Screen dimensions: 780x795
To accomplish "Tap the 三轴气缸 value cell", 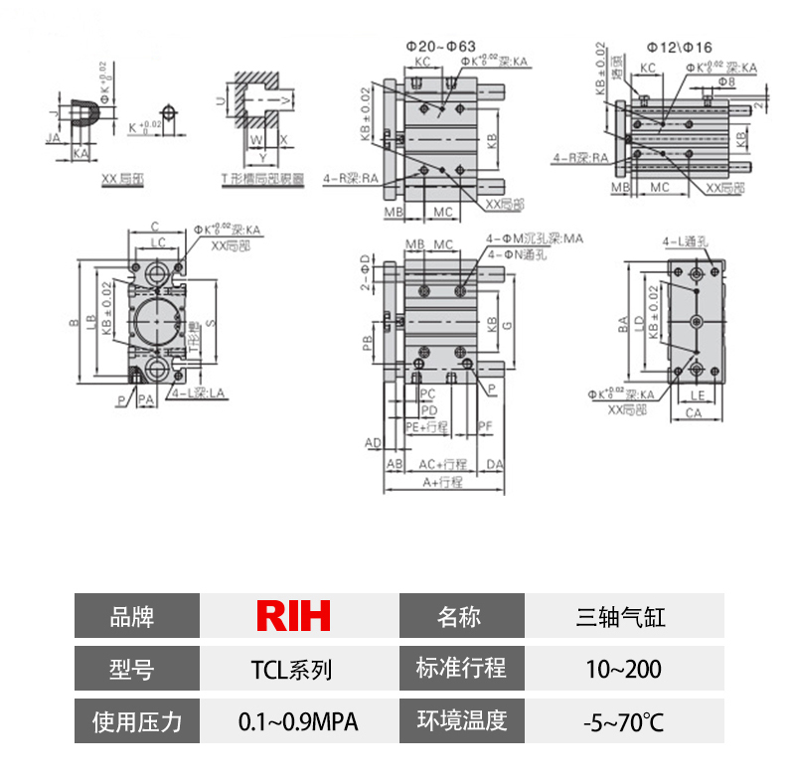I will (621, 616).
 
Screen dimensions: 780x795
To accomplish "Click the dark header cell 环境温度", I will (461, 721).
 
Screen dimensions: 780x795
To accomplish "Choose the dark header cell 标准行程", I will (461, 669).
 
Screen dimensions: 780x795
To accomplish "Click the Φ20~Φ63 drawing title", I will (441, 46).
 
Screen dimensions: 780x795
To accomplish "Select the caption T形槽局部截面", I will (259, 180).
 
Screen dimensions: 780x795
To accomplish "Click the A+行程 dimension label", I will (443, 482).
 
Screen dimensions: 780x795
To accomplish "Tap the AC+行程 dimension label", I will (442, 464).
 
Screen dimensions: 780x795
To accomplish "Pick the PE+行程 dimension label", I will (428, 426).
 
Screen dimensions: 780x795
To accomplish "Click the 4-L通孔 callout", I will (683, 241).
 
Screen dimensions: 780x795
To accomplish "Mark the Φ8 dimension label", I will (726, 82).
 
